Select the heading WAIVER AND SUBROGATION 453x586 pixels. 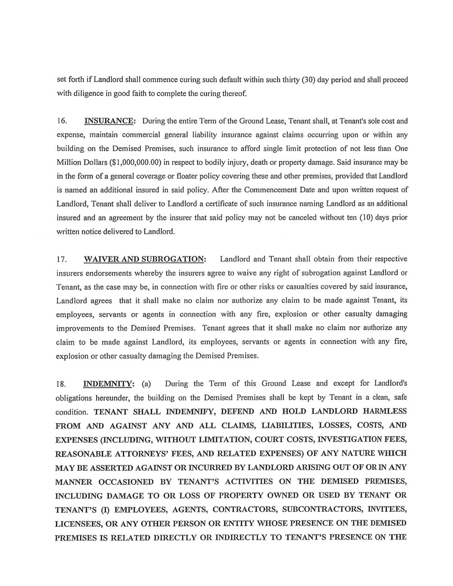[145, 259]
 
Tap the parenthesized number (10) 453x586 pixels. [366, 217]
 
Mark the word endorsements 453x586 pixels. [109, 273]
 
